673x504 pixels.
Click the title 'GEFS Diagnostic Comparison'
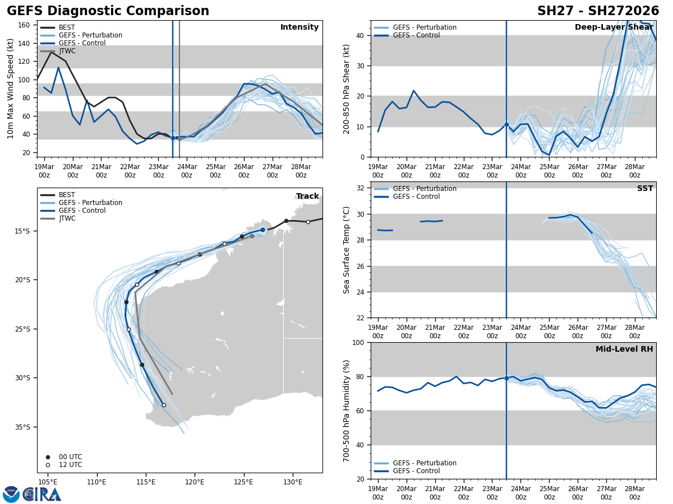108,11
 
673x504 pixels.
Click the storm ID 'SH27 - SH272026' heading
598,11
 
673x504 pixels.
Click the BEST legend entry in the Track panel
66,195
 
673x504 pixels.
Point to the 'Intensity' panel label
299,27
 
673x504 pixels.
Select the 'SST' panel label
645,189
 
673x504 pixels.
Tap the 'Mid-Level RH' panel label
624,349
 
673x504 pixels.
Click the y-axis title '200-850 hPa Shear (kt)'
347,89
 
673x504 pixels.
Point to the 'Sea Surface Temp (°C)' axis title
347,250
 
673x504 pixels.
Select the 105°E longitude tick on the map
48,482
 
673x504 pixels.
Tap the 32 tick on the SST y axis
361,188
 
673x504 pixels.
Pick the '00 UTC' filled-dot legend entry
70,457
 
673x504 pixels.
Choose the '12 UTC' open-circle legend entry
70,465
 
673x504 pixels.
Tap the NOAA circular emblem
11,494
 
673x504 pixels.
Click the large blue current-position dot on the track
262,230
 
